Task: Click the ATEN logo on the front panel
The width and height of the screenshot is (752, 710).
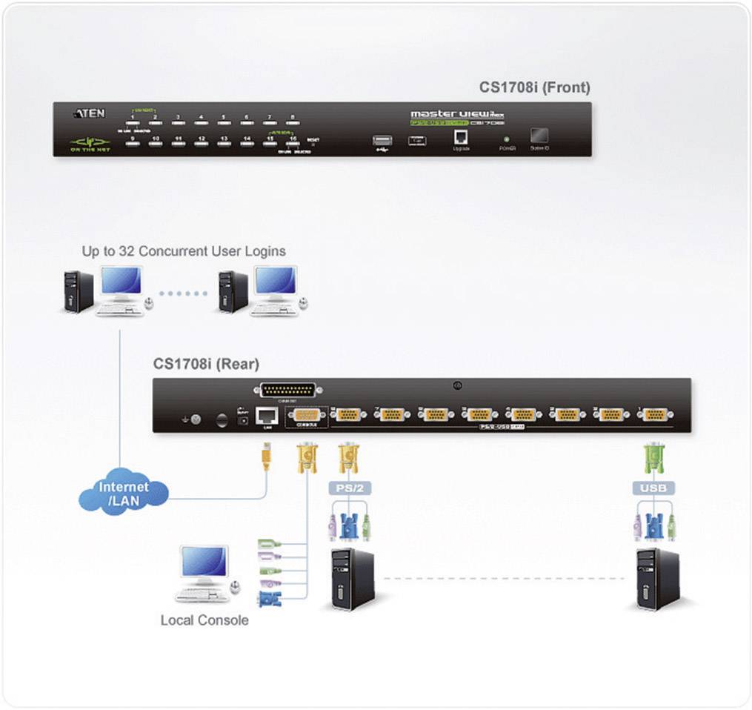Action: [x=90, y=113]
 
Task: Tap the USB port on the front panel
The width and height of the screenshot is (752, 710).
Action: [x=382, y=141]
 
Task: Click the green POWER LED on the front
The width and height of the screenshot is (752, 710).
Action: [x=506, y=139]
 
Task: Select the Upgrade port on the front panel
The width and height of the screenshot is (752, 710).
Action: [x=460, y=137]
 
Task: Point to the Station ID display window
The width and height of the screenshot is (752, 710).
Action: [x=539, y=136]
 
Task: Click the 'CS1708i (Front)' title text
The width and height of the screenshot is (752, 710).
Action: [x=534, y=87]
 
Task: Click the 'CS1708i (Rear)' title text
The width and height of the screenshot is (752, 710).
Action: [x=206, y=364]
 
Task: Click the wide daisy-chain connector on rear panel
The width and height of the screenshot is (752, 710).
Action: [x=287, y=390]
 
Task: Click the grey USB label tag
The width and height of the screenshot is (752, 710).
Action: [x=653, y=488]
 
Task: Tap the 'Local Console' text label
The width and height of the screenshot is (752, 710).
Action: [x=204, y=620]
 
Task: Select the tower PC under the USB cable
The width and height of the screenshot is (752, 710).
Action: [x=657, y=578]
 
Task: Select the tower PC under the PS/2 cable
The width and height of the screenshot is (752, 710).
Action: [x=352, y=578]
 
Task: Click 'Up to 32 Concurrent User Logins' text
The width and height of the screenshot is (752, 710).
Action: [x=184, y=251]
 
